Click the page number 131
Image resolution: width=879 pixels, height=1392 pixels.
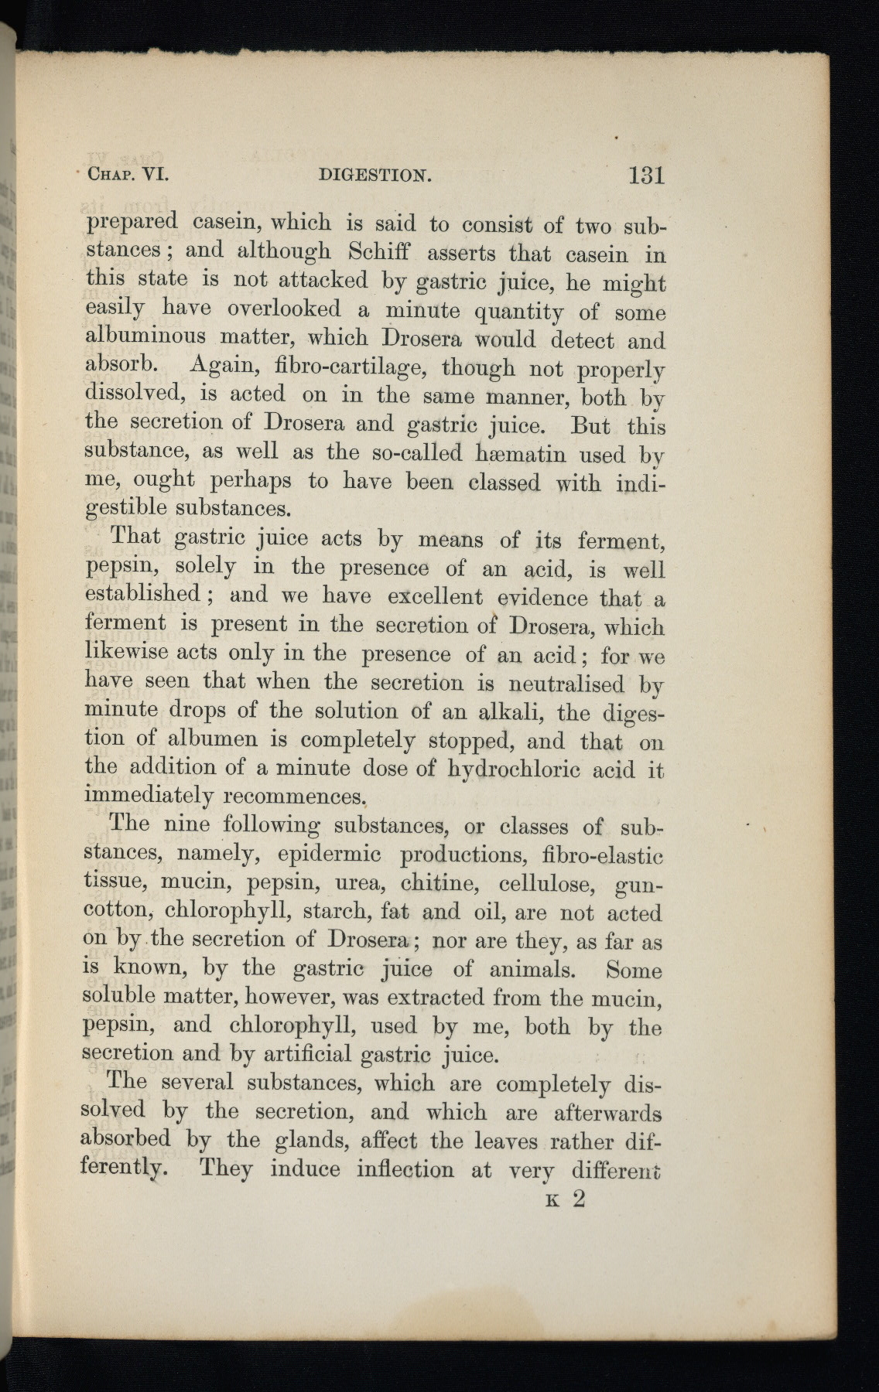coord(646,175)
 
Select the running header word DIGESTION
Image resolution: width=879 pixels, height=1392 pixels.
coord(375,176)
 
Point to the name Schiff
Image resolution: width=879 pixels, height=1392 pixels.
coord(385,253)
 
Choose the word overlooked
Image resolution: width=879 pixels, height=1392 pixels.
coord(284,309)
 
